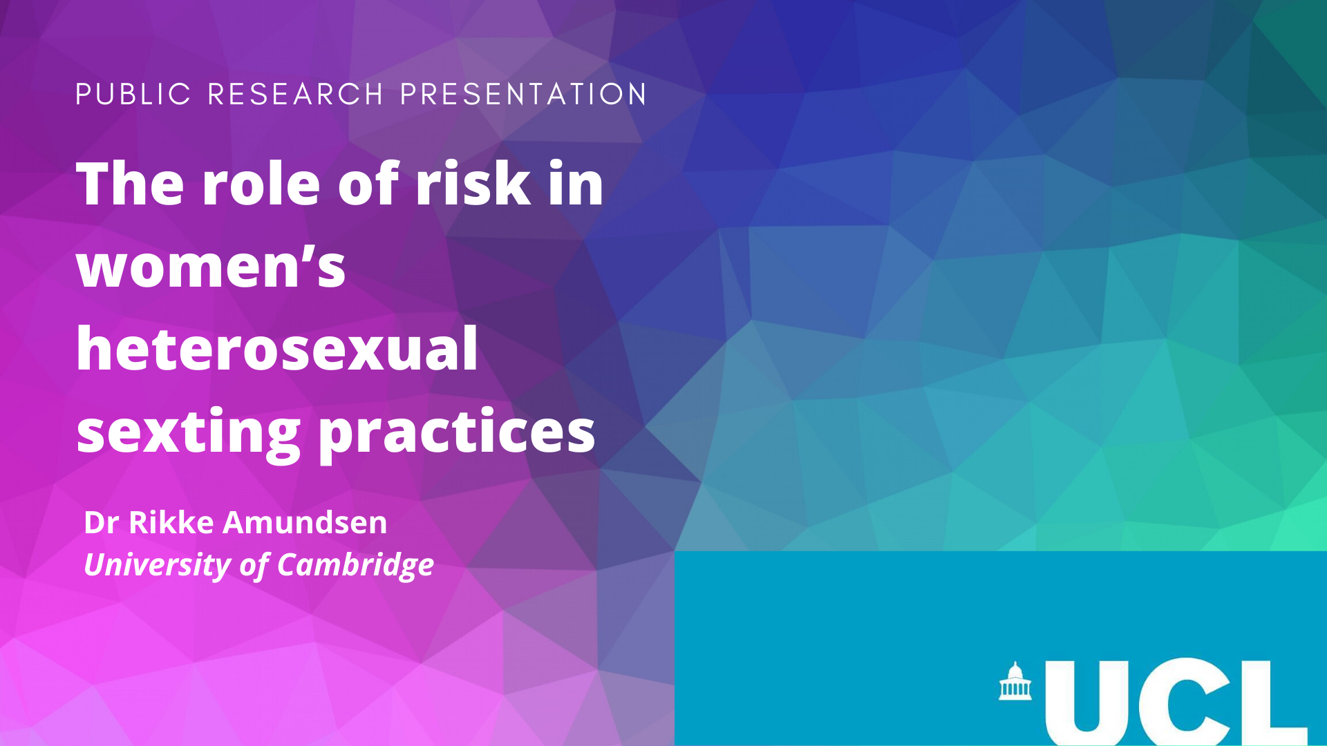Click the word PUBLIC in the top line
pyautogui.click(x=133, y=95)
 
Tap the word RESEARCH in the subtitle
pyautogui.click(x=296, y=95)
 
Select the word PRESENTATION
pyautogui.click(x=524, y=95)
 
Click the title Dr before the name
pyautogui.click(x=101, y=522)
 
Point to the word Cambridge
pyautogui.click(x=355, y=565)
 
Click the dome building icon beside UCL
pyautogui.click(x=1015, y=681)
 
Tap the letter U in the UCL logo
pyautogui.click(x=1087, y=702)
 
